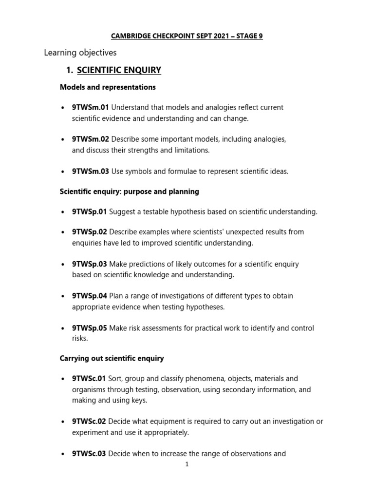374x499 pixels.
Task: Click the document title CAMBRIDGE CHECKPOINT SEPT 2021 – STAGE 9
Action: [187, 36]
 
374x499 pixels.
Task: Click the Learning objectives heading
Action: [80, 52]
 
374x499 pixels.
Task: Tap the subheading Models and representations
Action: [108, 87]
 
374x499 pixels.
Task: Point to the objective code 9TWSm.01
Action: [91, 107]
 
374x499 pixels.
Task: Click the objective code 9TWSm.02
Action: [91, 139]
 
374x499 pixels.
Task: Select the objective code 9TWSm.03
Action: [91, 171]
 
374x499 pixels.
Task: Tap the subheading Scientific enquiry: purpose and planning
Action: [129, 192]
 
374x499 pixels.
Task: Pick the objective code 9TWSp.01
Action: [90, 211]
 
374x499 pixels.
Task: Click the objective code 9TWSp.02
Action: [90, 232]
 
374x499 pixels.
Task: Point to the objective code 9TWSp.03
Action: [90, 264]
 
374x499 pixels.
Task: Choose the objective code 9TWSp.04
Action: [90, 296]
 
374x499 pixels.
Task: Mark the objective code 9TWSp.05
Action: [90, 328]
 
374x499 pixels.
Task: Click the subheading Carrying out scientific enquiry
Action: [112, 358]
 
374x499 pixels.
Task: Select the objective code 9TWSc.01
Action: [89, 379]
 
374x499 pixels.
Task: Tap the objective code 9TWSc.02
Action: [89, 422]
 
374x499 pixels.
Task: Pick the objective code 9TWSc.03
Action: [89, 454]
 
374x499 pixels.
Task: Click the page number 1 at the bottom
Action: [187, 464]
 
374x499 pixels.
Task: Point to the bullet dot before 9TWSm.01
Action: [63, 108]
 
